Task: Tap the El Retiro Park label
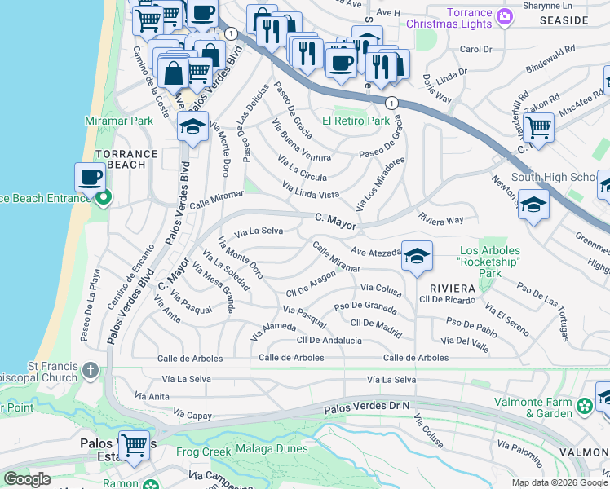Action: click(x=356, y=121)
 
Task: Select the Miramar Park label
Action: click(x=119, y=121)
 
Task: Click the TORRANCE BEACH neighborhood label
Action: click(x=126, y=159)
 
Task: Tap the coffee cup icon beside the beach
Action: click(x=91, y=177)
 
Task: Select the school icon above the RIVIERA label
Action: click(x=417, y=258)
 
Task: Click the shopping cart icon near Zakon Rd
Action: click(x=538, y=127)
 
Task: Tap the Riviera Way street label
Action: click(x=440, y=219)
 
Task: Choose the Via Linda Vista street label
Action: click(x=311, y=191)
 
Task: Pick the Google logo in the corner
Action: click(x=27, y=479)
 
